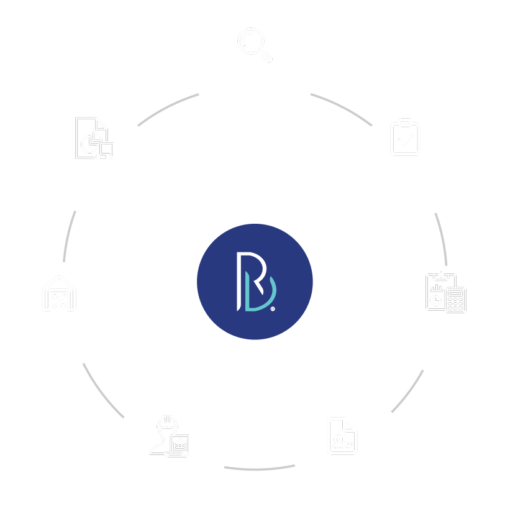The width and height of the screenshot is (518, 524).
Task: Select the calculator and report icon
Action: point(445,292)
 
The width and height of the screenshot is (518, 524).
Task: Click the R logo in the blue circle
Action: point(255,282)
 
